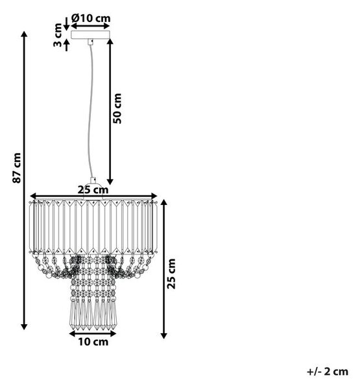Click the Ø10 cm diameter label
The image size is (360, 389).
91,18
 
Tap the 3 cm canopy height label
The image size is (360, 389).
58,35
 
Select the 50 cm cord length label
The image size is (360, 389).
117,108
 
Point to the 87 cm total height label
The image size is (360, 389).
17,168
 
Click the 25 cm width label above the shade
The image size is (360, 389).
93,190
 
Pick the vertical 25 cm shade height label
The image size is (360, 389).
171,274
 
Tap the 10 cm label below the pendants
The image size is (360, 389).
93,342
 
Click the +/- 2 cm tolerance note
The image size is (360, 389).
328,371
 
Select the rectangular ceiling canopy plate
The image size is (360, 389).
90,35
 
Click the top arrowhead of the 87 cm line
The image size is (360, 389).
24,34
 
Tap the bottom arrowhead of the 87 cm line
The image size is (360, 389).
24,327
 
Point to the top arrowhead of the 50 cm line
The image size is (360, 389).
110,41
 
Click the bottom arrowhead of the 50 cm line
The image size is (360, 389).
110,182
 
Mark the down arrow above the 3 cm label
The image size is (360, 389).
66,24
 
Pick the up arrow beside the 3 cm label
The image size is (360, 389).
66,45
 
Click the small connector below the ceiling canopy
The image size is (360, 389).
90,42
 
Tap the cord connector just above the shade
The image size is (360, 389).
93,180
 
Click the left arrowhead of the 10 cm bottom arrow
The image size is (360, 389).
72,334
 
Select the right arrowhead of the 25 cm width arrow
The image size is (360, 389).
154,196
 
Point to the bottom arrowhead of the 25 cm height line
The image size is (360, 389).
163,335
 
